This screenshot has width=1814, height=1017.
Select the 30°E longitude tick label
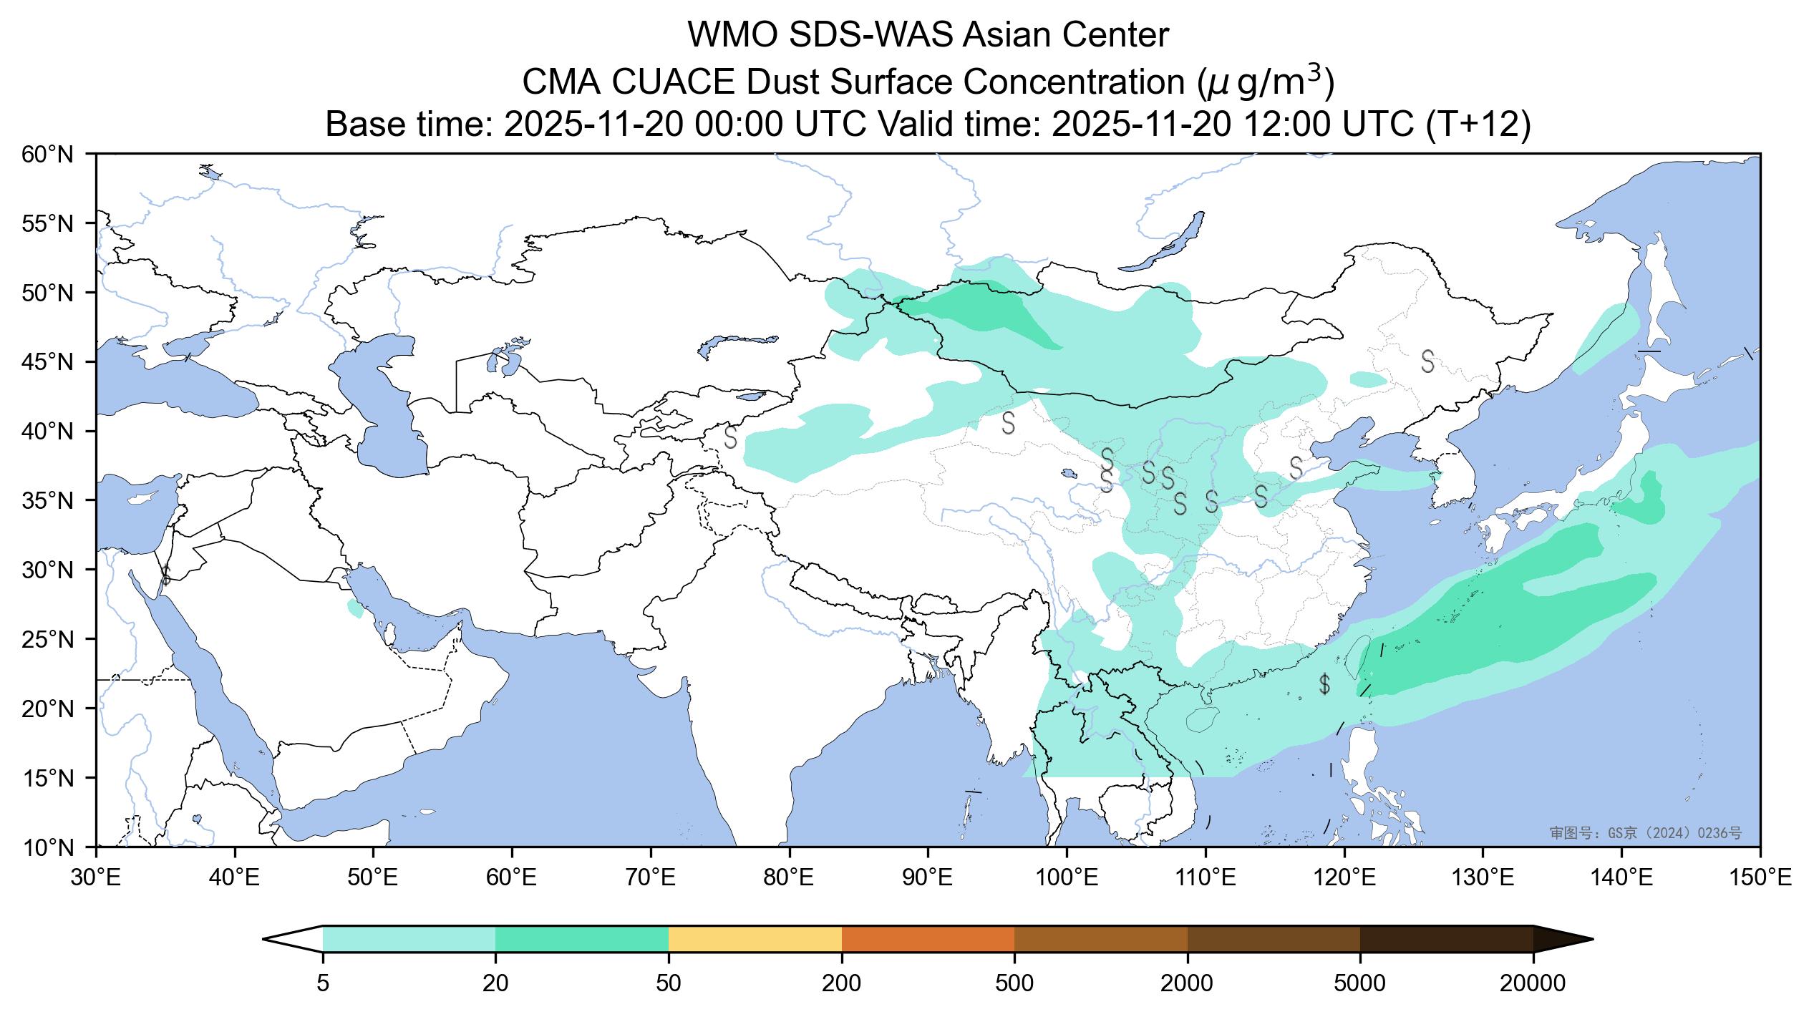96,877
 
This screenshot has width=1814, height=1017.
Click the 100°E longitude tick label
1067,877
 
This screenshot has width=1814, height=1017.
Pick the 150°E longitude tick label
1760,877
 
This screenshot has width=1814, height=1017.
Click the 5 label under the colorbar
323,984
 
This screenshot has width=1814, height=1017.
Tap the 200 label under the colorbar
841,984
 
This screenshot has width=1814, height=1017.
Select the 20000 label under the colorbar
1533,984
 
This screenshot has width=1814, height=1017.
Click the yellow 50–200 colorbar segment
755,939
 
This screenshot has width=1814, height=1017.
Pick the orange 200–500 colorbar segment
928,939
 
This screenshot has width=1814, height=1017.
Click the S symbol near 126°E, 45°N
1427,361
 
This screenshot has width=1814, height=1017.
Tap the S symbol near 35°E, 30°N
165,575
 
